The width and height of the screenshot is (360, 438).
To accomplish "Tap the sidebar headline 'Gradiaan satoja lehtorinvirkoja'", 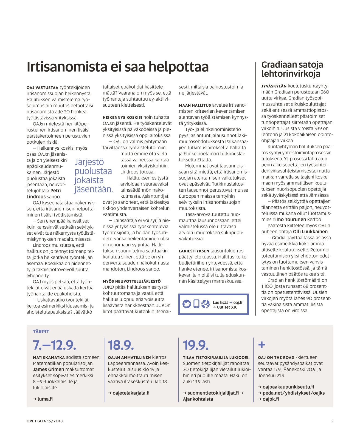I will click(x=292, y=69).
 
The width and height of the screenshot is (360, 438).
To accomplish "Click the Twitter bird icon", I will click(x=187, y=304).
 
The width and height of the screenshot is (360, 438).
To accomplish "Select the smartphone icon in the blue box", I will click(x=196, y=304).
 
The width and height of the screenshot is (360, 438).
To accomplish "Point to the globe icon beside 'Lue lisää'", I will click(x=206, y=304).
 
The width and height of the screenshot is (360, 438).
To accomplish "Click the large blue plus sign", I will click(x=262, y=345).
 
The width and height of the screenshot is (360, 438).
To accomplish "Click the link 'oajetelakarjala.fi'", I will click(x=131, y=393).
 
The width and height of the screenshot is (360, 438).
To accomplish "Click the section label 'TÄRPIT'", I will click(x=41, y=332).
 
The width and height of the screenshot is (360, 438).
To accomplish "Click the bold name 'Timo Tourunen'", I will click(x=289, y=219).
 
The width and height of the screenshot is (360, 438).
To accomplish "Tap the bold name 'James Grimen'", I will click(x=48, y=369).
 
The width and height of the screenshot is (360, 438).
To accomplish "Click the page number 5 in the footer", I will click(x=332, y=421).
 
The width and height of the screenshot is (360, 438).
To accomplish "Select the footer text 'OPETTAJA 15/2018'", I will click(x=44, y=421).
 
